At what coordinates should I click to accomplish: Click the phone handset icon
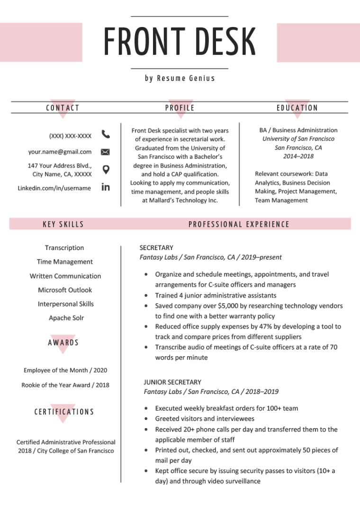coord(106,134)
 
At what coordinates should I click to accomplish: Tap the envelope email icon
coord(106,152)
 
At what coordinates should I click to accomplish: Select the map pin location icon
coord(106,170)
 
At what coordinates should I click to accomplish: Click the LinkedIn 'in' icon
coord(106,188)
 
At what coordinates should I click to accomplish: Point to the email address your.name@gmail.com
coord(60,152)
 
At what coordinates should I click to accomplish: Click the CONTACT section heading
coord(63,108)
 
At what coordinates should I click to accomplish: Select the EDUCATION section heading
coord(297,108)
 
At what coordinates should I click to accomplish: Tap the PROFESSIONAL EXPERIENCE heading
coord(239,224)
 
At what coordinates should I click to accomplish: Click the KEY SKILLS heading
coord(63,224)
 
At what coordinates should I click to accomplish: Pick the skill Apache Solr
coord(66,318)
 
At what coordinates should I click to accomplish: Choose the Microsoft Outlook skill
coord(65,290)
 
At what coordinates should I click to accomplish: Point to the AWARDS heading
coord(63,342)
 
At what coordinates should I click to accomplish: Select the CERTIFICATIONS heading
coord(64,412)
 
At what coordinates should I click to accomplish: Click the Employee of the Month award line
coord(65,370)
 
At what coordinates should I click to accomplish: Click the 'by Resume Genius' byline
coord(180,79)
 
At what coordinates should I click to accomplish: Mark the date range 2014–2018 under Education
coord(298,156)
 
